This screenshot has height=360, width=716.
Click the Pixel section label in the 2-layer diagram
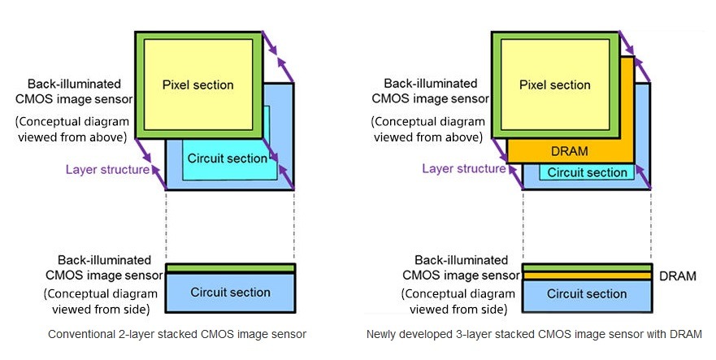(x=197, y=85)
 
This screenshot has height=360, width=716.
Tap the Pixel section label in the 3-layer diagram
(x=555, y=85)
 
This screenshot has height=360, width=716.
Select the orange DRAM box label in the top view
(x=570, y=151)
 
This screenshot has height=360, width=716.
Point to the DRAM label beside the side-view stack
(x=678, y=276)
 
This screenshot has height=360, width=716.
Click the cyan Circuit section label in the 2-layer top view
(x=228, y=158)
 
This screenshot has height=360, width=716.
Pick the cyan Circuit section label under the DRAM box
(x=588, y=173)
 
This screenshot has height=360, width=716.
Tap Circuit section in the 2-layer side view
(x=230, y=293)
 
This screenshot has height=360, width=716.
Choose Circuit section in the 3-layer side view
(x=587, y=293)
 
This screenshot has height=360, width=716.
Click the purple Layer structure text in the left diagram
(x=107, y=170)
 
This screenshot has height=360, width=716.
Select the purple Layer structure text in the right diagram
(x=464, y=168)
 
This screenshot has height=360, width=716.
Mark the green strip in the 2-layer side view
(x=231, y=267)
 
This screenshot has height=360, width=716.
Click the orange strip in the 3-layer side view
(x=587, y=276)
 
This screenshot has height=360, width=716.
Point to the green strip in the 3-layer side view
(x=587, y=267)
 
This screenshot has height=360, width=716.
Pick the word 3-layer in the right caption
(x=474, y=335)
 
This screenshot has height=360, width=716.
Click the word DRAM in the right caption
(x=685, y=335)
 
